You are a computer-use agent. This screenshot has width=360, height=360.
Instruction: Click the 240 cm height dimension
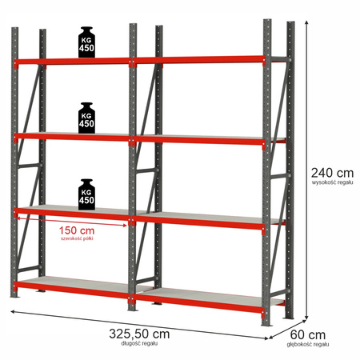(x=331, y=172)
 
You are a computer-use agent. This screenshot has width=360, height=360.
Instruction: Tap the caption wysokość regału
(x=331, y=183)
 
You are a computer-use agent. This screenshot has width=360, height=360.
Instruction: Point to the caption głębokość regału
(x=309, y=345)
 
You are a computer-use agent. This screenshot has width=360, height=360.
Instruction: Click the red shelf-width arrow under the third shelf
(x=72, y=224)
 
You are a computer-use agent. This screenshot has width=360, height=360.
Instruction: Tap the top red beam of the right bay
(x=200, y=59)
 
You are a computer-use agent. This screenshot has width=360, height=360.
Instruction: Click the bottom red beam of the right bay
(x=200, y=301)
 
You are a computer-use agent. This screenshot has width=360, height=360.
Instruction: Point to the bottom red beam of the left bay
(x=72, y=286)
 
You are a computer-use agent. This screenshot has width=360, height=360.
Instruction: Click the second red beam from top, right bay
(x=200, y=140)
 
